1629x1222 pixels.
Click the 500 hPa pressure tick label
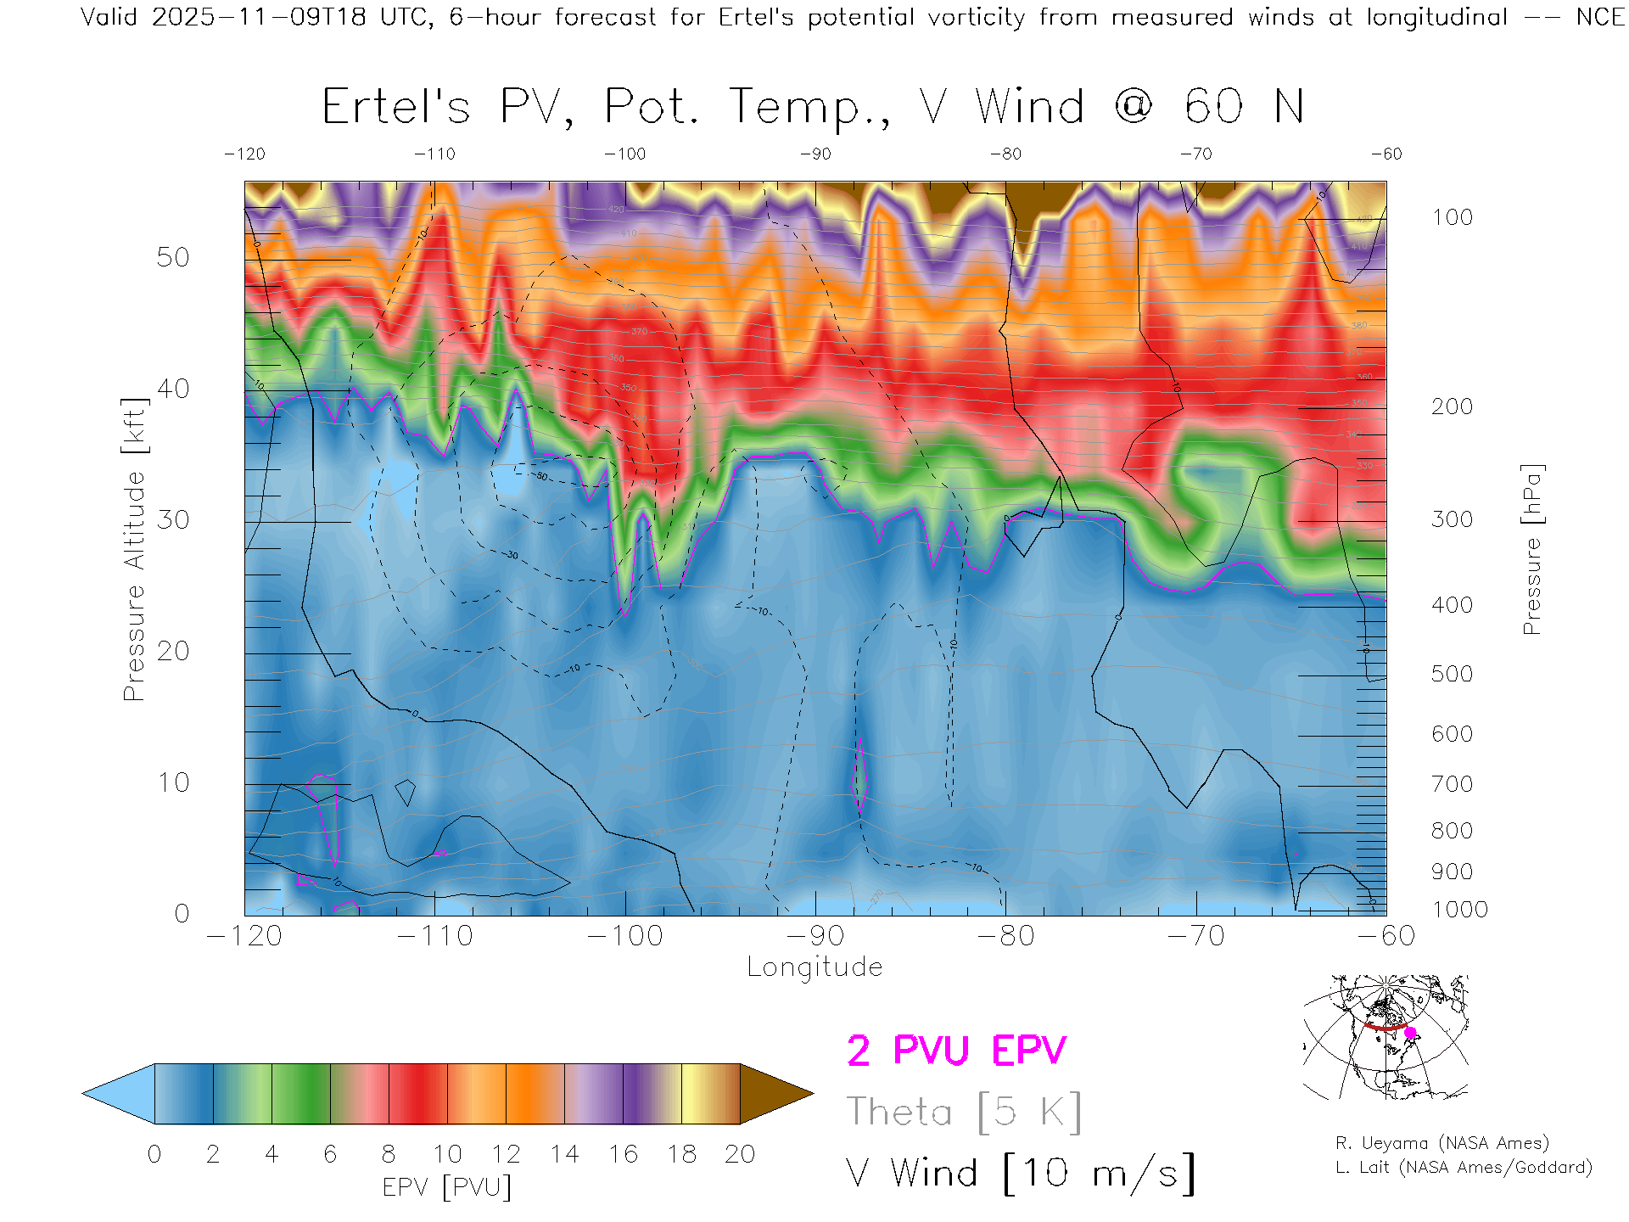[1452, 674]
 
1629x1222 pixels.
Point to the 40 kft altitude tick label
[172, 389]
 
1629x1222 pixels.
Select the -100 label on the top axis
[625, 154]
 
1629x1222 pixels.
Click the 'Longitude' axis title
[814, 967]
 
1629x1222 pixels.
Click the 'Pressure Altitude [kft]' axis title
[134, 549]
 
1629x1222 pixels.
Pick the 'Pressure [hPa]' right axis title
[1531, 549]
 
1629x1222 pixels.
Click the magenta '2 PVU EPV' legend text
[956, 1051]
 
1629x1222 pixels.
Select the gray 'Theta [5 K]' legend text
[964, 1112]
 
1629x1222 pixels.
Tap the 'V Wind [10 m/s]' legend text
[1021, 1174]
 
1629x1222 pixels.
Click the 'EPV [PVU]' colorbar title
[447, 1187]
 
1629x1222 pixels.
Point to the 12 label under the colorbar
[506, 1154]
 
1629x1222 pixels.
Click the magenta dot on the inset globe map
[1411, 1033]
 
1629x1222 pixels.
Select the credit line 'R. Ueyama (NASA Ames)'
[1442, 1143]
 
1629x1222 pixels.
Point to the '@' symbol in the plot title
[1134, 107]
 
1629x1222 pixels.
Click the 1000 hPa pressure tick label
[1459, 910]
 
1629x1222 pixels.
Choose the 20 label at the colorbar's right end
[740, 1154]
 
